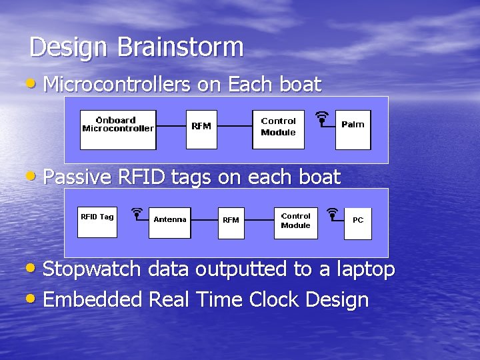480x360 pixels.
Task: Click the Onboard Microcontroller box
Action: click(117, 130)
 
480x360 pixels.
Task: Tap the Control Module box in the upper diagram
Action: click(278, 130)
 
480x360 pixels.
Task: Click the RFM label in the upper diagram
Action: click(201, 126)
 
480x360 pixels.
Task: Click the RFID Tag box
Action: click(97, 221)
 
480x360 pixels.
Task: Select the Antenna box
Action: click(171, 222)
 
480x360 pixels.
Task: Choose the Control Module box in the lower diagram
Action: click(295, 222)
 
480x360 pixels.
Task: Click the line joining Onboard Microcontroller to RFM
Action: click(171, 126)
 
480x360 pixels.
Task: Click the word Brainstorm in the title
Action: click(181, 47)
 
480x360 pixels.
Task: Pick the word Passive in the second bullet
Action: click(77, 177)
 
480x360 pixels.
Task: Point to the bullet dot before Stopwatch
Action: click(33, 269)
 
